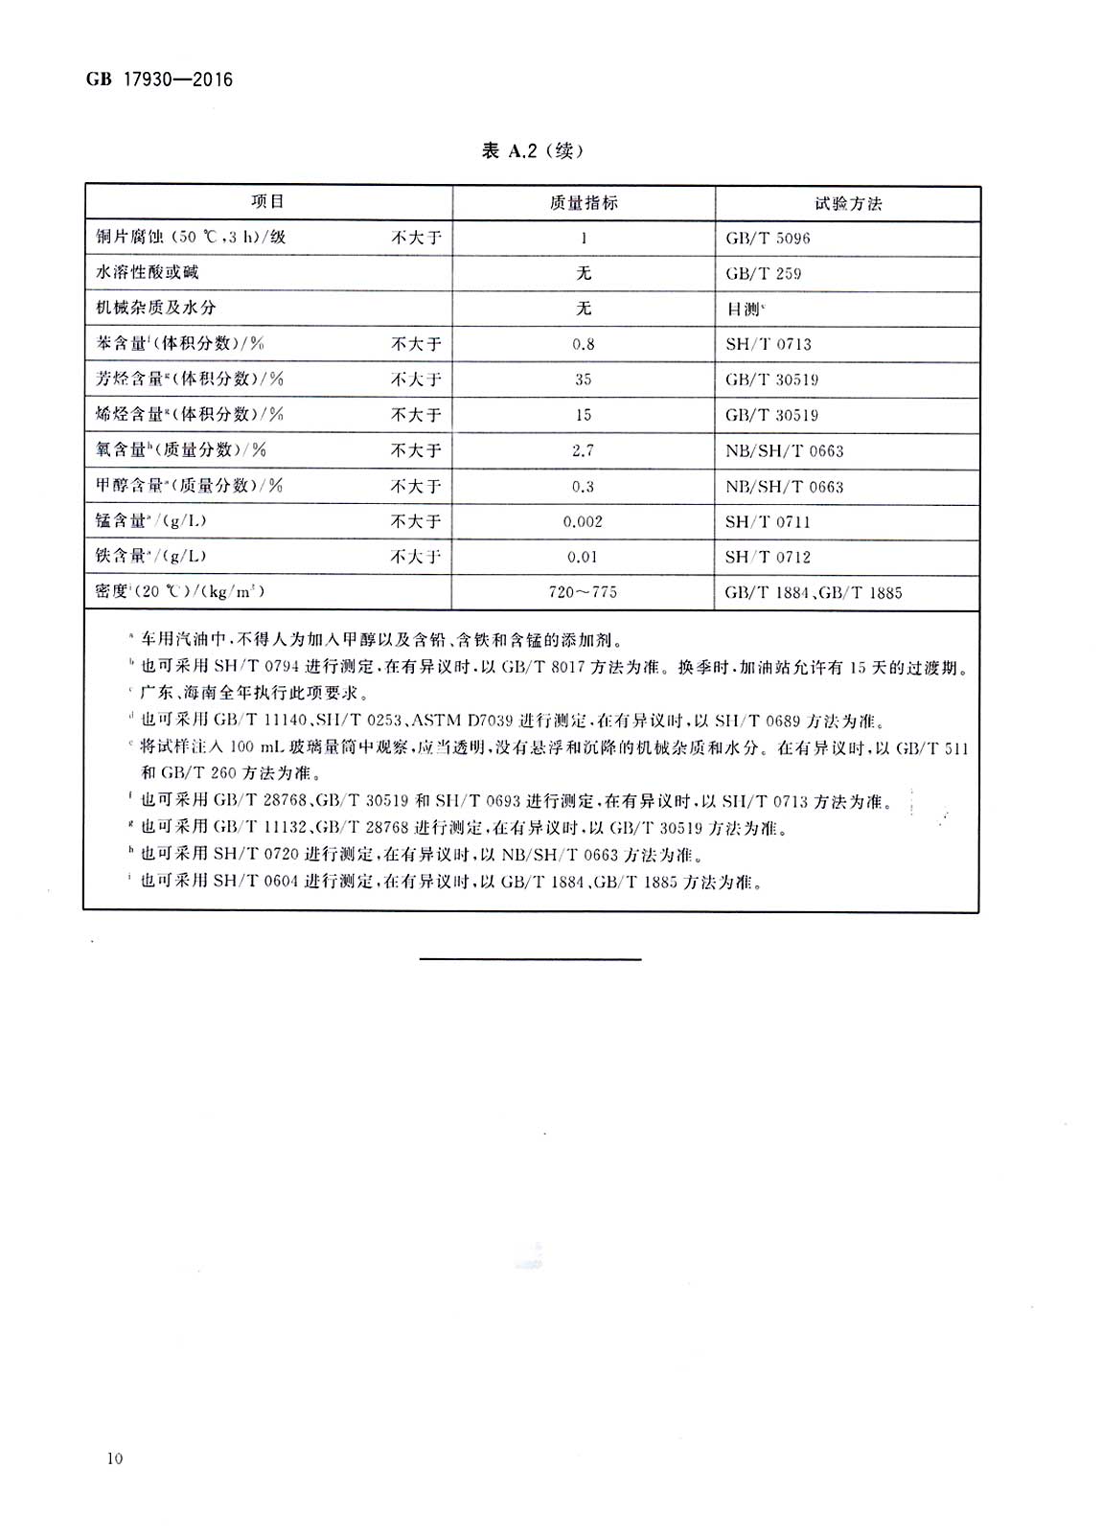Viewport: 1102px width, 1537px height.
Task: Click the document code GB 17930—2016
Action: click(x=159, y=80)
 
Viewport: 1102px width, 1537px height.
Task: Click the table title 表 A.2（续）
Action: click(x=532, y=150)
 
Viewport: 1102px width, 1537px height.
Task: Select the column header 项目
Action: click(x=268, y=202)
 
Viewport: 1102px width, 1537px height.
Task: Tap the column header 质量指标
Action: click(x=584, y=203)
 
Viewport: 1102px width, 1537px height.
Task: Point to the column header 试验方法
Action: click(x=847, y=203)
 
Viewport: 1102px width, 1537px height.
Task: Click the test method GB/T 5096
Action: click(x=768, y=239)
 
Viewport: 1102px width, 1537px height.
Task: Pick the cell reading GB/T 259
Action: click(x=763, y=274)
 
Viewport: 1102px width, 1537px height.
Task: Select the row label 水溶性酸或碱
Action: click(x=148, y=273)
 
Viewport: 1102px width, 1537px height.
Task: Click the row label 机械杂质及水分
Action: click(x=155, y=308)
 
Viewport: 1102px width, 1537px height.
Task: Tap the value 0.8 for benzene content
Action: click(x=583, y=344)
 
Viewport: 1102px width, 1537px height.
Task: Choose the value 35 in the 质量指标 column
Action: click(x=583, y=379)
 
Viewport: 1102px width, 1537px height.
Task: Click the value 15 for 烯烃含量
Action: click(x=583, y=415)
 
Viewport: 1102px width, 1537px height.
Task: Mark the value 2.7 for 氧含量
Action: click(x=583, y=450)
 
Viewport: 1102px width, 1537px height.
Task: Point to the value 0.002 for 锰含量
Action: click(x=583, y=522)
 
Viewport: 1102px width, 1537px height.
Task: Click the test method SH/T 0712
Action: click(x=768, y=558)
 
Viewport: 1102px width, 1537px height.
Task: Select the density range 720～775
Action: click(x=583, y=593)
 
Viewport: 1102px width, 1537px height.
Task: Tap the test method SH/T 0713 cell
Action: click(x=768, y=344)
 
